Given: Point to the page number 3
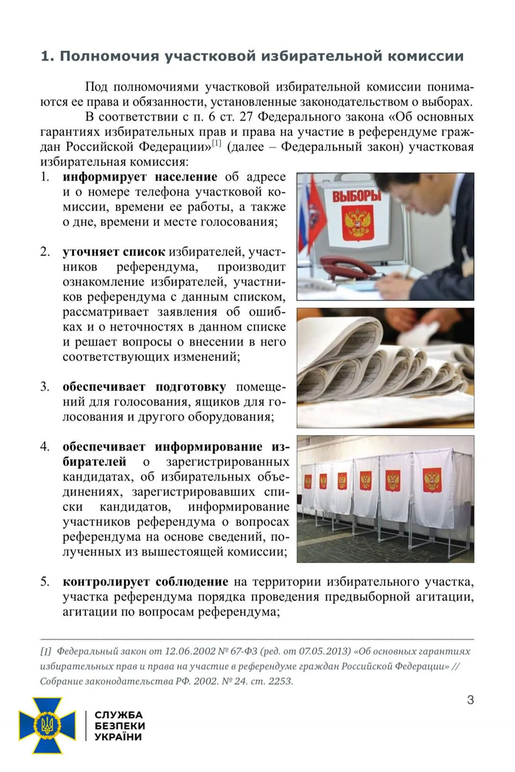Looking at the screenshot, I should click(x=470, y=700).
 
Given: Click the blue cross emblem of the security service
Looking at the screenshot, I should click(x=47, y=725).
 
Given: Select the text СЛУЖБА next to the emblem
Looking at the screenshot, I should click(x=118, y=714).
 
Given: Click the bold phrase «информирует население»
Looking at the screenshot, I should click(x=140, y=177).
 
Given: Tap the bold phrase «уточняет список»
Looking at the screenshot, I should click(x=114, y=252).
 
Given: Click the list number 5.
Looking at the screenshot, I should click(x=45, y=582).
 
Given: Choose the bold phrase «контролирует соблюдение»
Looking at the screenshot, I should click(x=145, y=582).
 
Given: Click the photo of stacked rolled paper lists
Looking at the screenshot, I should click(x=385, y=368).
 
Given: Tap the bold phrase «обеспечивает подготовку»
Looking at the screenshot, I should click(x=144, y=387).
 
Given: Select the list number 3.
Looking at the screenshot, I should click(x=45, y=387).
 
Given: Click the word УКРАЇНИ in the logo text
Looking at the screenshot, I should click(x=119, y=737).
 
